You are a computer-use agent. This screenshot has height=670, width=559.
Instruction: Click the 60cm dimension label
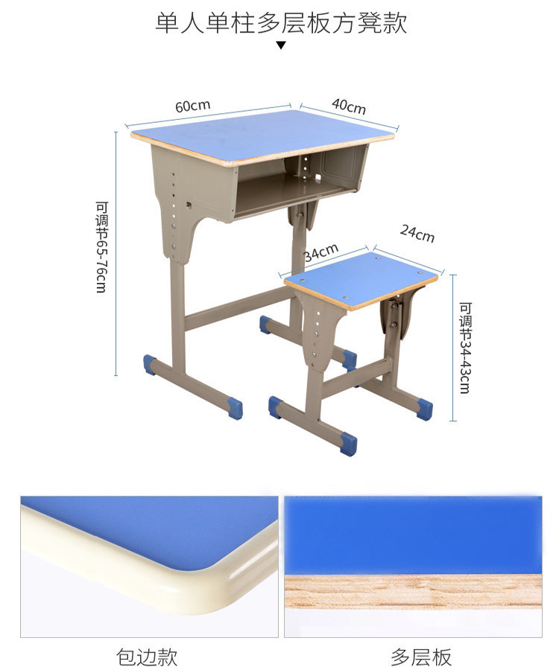pos(192,106)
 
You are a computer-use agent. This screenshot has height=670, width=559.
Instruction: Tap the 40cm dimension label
pos(349,106)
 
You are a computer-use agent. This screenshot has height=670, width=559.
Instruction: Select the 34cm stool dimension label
pos(321,252)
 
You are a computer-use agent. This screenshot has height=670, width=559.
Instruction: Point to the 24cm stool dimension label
pos(417,233)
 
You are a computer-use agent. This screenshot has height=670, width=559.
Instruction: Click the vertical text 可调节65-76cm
pos(102,247)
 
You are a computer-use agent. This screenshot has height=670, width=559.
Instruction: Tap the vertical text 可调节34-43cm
pos(465,348)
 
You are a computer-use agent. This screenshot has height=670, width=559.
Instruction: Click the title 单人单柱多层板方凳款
pos(280,22)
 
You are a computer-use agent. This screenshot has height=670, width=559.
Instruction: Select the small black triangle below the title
pos(280,45)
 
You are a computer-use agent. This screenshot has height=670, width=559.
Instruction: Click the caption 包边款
pos(147,657)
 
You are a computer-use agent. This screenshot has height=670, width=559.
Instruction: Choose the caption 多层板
pos(421,657)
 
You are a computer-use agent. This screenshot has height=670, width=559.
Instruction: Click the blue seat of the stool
pos(361,278)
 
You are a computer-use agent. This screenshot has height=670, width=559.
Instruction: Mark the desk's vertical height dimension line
pos(116,254)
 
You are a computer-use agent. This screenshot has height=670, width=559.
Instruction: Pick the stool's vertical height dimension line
pos(453,348)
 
